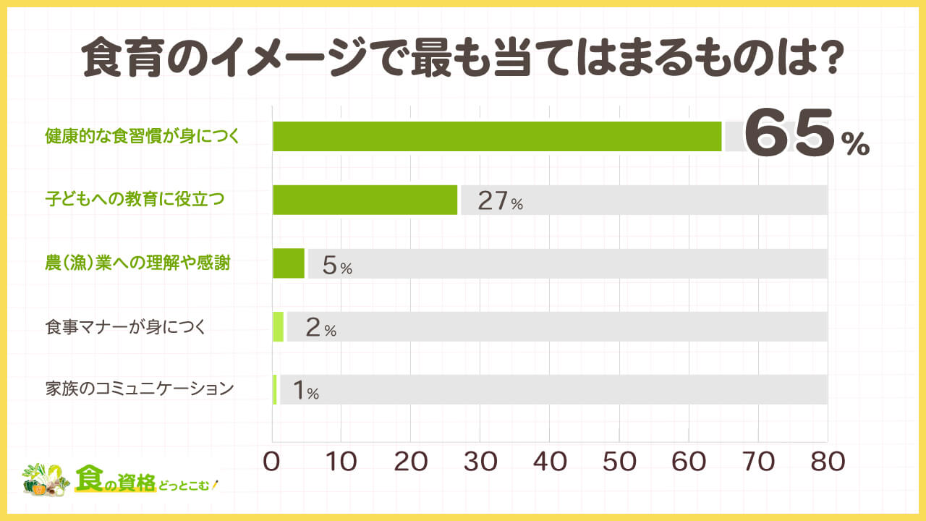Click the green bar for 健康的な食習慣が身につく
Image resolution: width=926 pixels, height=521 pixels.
(x=497, y=136)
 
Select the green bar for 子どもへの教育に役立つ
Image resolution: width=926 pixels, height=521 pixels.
(x=365, y=200)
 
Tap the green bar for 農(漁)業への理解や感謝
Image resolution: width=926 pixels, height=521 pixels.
(x=289, y=263)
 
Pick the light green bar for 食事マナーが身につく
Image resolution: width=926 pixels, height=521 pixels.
(x=278, y=327)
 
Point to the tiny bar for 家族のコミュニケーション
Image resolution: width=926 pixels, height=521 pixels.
(x=275, y=390)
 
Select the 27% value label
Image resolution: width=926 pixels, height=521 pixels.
(x=500, y=201)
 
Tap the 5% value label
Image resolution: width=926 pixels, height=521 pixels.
(x=336, y=266)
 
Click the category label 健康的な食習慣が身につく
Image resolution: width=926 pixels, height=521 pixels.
(x=142, y=135)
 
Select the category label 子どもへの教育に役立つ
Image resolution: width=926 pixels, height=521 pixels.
(x=135, y=199)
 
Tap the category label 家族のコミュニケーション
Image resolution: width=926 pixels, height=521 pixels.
(x=140, y=389)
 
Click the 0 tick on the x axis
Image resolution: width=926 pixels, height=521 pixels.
(x=272, y=461)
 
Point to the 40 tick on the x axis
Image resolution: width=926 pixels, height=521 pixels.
(x=549, y=461)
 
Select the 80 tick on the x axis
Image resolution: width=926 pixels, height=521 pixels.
(x=827, y=461)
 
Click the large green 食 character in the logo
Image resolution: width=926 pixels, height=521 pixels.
(x=91, y=478)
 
